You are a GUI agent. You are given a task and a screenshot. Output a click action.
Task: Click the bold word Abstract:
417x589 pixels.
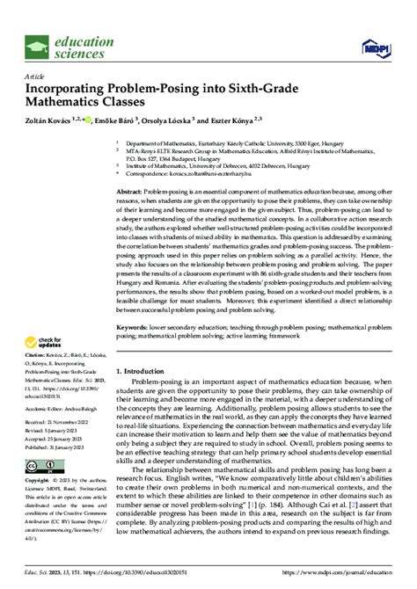click(x=135, y=191)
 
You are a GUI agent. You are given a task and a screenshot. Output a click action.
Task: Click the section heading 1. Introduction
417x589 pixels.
click(x=150, y=396)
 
